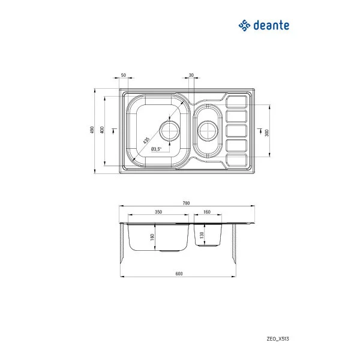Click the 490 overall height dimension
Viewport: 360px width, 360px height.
coord(92,130)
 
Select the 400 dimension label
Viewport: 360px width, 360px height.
coord(103,130)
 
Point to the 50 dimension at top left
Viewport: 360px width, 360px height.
coord(124,75)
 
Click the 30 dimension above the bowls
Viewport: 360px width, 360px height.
coord(191,75)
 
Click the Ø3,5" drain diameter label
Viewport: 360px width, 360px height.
coord(157,149)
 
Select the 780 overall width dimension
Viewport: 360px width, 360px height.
coord(186,203)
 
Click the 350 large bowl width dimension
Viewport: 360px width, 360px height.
coord(158,212)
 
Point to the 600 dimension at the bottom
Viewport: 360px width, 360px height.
coord(179,274)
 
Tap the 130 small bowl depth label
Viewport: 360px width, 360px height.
coord(202,235)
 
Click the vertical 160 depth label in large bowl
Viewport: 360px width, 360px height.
coord(152,236)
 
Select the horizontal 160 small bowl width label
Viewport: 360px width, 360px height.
coord(206,212)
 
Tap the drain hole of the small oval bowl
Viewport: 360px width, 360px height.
coord(208,129)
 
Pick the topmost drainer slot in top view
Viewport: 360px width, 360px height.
coord(237,100)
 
